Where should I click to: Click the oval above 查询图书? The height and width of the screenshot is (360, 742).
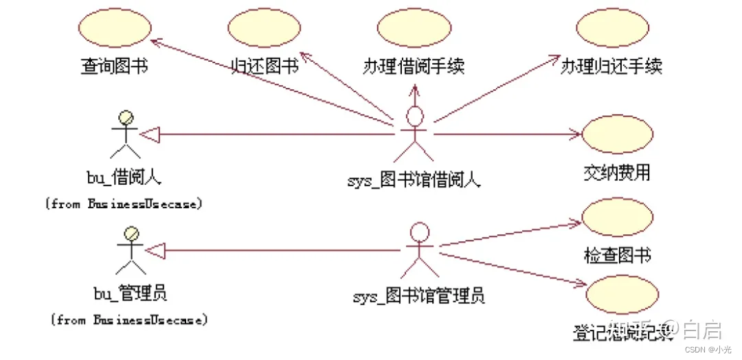pyautogui.click(x=114, y=30)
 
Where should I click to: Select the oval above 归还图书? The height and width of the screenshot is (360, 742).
pyautogui.click(x=264, y=30)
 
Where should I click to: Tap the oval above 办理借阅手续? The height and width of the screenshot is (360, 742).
pyautogui.click(x=413, y=30)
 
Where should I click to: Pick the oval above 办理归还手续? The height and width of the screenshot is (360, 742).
pyautogui.click(x=612, y=30)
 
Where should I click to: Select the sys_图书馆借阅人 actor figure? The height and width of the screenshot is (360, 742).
pyautogui.click(x=414, y=134)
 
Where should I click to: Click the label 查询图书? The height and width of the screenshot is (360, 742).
pyautogui.click(x=114, y=67)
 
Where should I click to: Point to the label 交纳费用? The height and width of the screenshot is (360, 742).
pyautogui.click(x=616, y=172)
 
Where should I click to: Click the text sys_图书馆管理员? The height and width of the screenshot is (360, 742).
pyautogui.click(x=418, y=297)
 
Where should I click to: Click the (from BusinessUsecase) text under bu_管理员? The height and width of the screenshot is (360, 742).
pyautogui.click(x=129, y=320)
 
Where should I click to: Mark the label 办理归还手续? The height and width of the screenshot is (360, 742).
pyautogui.click(x=611, y=67)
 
